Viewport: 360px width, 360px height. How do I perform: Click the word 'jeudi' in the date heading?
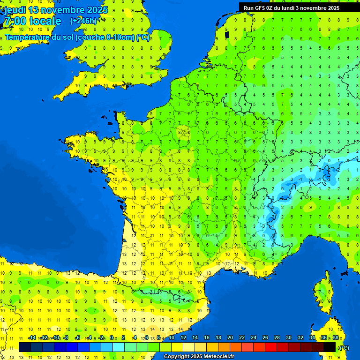[15, 9]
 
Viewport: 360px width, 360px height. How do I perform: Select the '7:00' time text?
[15, 21]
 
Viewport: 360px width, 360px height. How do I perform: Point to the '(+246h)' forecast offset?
[83, 21]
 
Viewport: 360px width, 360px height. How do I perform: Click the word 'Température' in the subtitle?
[28, 37]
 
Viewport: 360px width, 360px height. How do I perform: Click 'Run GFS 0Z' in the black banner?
[259, 7]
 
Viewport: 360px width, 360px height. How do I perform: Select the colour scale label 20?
[230, 337]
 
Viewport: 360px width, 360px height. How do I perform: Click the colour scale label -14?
[32, 337]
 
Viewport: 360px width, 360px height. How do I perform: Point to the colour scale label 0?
[112, 337]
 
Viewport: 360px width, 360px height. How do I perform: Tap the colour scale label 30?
[289, 337]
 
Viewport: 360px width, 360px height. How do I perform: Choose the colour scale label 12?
[183, 337]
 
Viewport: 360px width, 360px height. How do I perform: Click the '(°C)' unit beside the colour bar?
[344, 347]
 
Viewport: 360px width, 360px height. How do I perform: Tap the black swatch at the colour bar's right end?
[330, 347]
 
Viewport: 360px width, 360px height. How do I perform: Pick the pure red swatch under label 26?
[271, 347]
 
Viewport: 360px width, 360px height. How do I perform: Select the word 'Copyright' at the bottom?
[177, 357]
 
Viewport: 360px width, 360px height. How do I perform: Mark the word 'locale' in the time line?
[45, 21]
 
